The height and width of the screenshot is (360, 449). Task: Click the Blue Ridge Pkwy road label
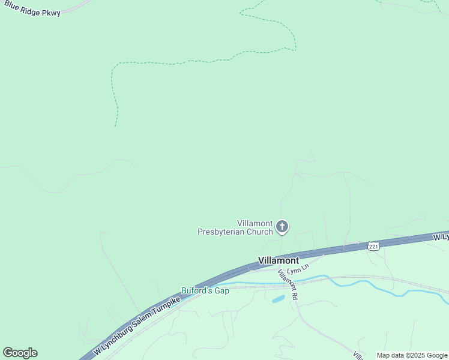32,8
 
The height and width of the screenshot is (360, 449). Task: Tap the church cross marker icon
282,227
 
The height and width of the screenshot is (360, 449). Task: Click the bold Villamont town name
279,261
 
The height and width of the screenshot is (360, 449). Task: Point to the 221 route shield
373,246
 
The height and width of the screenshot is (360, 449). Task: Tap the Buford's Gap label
205,291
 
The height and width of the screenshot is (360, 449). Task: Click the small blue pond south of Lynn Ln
278,298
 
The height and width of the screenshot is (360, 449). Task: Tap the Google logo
20,353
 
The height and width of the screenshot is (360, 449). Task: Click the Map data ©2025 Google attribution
412,355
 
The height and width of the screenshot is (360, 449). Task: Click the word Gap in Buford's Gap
222,291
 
